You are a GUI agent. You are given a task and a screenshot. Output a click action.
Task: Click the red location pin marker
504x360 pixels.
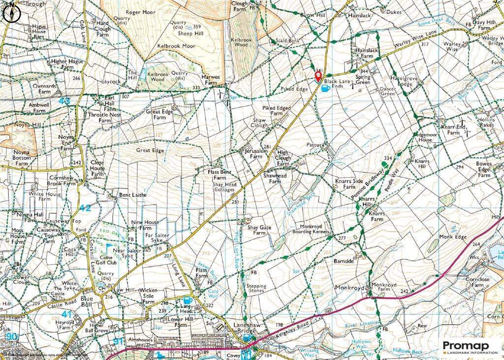click(x=318, y=76)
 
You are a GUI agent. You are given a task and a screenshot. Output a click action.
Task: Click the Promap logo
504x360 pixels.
click(x=470, y=347)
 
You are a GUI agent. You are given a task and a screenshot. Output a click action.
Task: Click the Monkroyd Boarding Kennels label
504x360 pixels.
click(x=310, y=229)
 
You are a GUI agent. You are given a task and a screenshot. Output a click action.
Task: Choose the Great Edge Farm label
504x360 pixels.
click(x=159, y=115)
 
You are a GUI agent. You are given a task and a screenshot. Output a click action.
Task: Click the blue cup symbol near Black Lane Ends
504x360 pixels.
click(x=325, y=88)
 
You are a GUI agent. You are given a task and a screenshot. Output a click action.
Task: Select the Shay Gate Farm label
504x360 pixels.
click(x=259, y=230)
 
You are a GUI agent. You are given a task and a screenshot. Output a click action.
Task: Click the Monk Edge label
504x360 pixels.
click(x=452, y=237)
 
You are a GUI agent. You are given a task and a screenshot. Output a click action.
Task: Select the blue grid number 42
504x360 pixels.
click(x=85, y=208)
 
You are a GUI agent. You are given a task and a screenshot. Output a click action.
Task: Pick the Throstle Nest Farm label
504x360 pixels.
click(x=105, y=117)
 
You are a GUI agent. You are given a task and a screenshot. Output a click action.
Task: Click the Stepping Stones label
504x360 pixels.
click(x=256, y=289)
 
